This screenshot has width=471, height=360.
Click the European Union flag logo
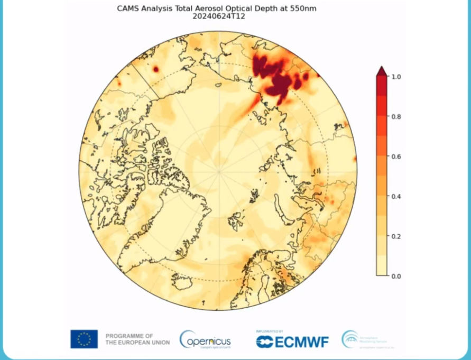click(x=84, y=339)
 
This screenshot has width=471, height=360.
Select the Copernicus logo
click(x=205, y=339)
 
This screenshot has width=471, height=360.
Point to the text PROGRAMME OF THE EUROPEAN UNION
click(x=137, y=339)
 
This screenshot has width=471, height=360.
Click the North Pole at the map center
click(x=218, y=171)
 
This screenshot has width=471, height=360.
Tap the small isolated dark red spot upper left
click(x=155, y=69)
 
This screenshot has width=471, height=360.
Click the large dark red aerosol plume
click(x=275, y=77)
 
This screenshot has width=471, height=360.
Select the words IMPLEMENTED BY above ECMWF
click(x=270, y=331)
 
